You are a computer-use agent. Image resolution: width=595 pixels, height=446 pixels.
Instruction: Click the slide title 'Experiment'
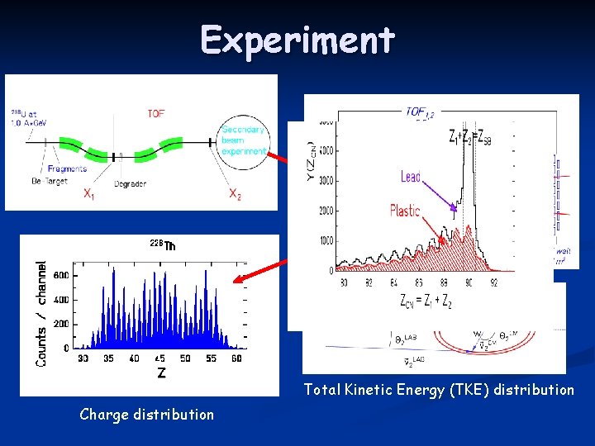(297, 40)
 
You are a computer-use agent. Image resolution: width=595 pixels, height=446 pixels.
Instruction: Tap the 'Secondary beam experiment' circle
(244, 140)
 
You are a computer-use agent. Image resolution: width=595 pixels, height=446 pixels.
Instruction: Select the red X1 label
(88, 194)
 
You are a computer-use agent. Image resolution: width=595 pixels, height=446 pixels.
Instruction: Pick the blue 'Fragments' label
(67, 168)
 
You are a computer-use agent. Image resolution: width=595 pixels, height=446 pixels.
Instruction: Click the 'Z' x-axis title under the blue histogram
(161, 373)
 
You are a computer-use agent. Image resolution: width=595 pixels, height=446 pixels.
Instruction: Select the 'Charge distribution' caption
(146, 415)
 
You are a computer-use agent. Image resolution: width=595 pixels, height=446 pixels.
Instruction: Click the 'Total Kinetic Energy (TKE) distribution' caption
(438, 390)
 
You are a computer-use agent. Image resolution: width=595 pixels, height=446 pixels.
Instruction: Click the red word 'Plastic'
(404, 211)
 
